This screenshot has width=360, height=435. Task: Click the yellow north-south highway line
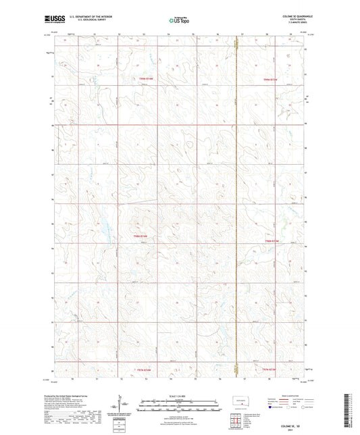pos(236,203)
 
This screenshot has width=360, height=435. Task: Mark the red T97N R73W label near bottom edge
pos(269,369)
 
